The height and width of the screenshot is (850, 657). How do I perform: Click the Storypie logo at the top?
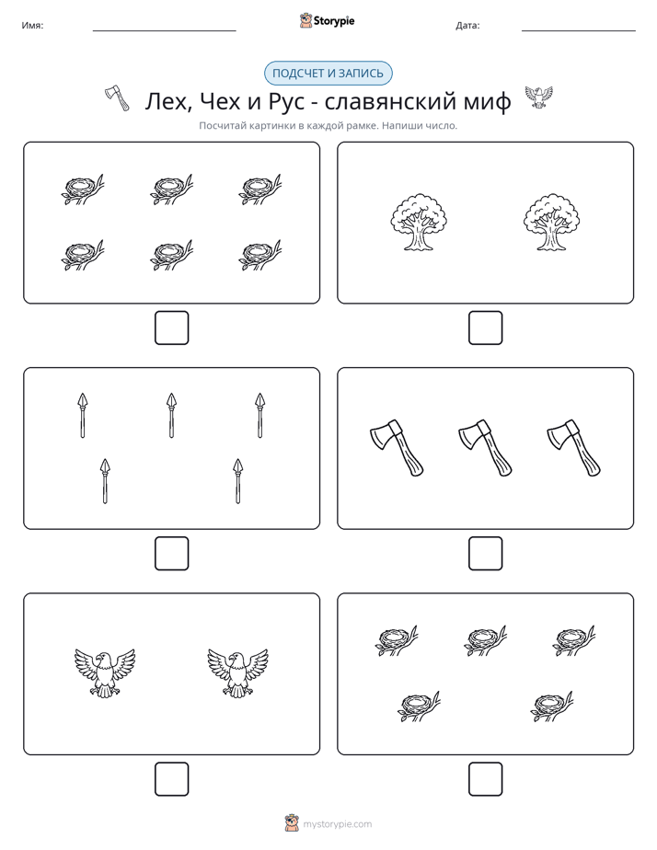[x=327, y=21]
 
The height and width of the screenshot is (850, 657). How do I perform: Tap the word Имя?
[x=32, y=26]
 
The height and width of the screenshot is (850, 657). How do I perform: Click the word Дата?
[x=467, y=26]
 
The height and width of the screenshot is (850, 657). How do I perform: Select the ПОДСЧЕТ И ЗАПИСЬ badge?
[x=328, y=74]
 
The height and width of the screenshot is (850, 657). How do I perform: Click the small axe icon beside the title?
[x=117, y=98]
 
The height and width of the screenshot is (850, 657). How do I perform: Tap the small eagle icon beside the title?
[x=538, y=97]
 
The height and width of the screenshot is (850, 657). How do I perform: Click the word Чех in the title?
[x=220, y=101]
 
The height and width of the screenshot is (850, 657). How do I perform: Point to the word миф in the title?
[x=487, y=102]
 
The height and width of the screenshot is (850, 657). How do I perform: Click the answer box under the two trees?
[x=485, y=328]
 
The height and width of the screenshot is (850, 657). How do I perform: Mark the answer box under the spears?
[x=172, y=554]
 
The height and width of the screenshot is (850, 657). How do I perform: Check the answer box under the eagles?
[x=172, y=779]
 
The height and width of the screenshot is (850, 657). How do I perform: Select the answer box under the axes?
[x=485, y=554]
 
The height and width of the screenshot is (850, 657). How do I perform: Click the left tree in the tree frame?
[x=419, y=223]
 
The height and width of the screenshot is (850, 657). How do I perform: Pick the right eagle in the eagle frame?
[x=237, y=672]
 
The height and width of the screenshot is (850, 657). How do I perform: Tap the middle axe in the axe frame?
[x=485, y=448]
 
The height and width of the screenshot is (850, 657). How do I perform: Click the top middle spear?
[x=171, y=415]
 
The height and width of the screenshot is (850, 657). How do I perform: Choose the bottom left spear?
[x=105, y=481]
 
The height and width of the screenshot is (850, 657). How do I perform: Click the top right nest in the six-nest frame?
[x=260, y=190]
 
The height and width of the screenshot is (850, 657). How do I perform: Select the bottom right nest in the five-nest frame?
[x=551, y=706]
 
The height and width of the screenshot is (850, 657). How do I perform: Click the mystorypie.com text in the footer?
[x=337, y=824]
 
